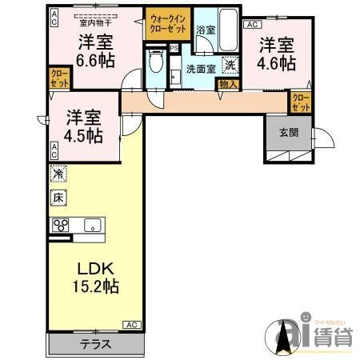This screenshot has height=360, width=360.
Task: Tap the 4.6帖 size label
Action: pos(276,63)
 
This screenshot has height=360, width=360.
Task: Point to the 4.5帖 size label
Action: pos(83,135)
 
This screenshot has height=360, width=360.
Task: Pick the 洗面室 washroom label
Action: pos(200,68)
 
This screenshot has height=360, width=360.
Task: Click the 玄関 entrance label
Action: pos(290,133)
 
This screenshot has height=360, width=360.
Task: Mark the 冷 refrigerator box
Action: pos(58,174)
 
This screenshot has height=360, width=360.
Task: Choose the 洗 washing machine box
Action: pos(230,66)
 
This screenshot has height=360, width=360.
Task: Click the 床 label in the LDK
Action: pos(58,197)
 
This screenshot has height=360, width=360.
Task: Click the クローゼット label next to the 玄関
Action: pos(300,102)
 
